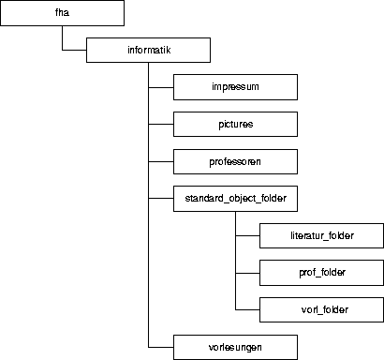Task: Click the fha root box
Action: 62,13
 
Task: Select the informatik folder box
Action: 148,50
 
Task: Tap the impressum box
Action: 235,87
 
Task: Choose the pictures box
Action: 235,124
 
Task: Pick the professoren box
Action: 235,161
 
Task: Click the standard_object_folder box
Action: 235,199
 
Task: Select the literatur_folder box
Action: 321,235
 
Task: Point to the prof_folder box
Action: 321,273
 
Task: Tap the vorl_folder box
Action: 321,309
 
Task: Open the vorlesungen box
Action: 235,347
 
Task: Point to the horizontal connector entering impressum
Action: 161,87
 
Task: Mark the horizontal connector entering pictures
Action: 161,124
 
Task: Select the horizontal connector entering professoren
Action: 161,161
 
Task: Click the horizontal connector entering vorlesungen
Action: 161,347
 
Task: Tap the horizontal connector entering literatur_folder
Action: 247,235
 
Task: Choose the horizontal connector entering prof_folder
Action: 247,273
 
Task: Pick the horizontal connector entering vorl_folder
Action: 247,309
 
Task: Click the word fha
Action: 62,13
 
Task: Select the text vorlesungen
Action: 235,347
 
